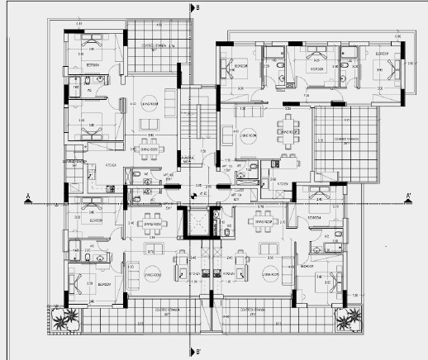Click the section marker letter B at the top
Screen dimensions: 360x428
click(x=198, y=7)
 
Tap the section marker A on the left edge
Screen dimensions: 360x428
click(x=29, y=197)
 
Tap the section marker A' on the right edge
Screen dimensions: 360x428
click(x=408, y=197)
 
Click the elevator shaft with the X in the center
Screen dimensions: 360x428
click(x=199, y=224)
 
